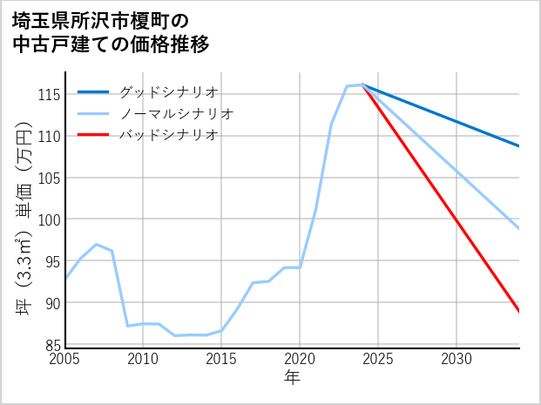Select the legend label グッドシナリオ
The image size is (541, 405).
[169, 91]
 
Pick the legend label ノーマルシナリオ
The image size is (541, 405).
[177, 113]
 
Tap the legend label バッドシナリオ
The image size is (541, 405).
[169, 135]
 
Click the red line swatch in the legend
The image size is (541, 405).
[93, 135]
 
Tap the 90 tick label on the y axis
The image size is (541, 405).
[52, 303]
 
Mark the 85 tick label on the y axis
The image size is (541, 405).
[52, 345]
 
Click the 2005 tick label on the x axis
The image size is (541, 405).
[65, 359]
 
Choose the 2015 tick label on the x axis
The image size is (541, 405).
[221, 359]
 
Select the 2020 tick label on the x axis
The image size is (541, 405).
[300, 359]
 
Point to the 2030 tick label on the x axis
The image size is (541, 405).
[456, 359]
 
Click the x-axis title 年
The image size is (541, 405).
[293, 378]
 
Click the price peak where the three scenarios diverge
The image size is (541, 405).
[362, 84]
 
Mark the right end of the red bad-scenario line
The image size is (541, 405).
[519, 312]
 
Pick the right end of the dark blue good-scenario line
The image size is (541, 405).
[519, 146]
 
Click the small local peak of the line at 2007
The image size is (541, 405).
[96, 244]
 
